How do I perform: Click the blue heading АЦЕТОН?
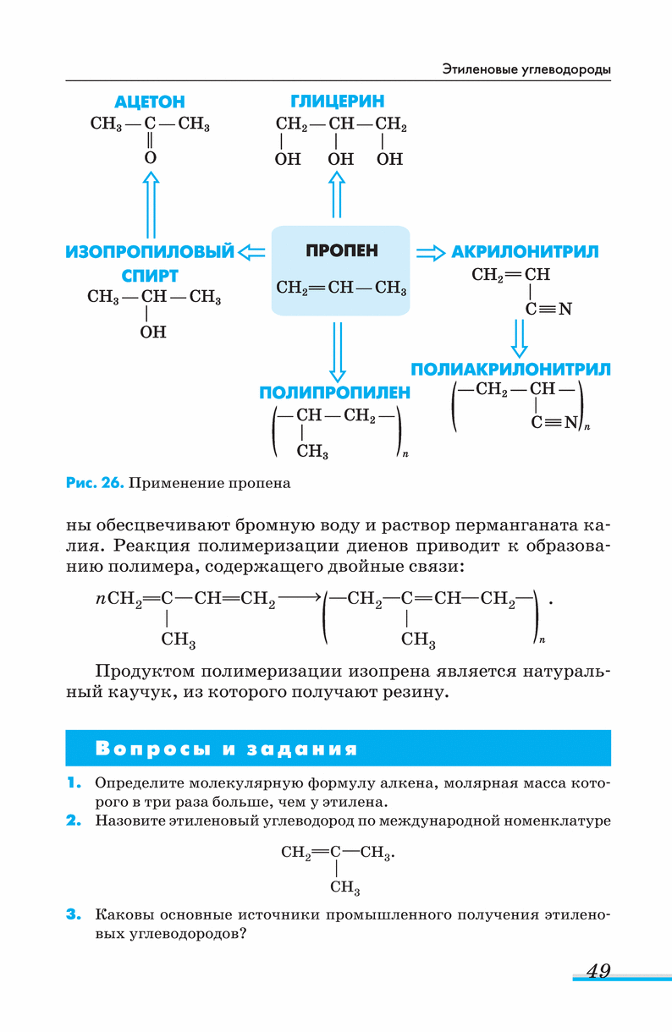tap(150, 102)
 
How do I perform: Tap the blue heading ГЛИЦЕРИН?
tap(337, 102)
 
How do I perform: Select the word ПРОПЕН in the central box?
tap(342, 251)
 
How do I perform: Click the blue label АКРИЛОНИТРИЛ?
tap(525, 252)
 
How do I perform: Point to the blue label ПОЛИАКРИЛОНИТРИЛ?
tap(510, 370)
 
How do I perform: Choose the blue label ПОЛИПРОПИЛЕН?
tap(335, 392)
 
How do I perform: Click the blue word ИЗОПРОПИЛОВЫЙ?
tap(150, 251)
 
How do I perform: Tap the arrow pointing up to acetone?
tap(151, 204)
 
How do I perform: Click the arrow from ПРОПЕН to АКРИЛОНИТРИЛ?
tap(430, 252)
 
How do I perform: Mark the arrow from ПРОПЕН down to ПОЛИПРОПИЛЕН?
tap(338, 351)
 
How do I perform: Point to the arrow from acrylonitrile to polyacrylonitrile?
tap(520, 338)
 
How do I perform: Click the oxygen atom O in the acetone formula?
tap(151, 157)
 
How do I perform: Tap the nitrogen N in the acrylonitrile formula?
tap(565, 310)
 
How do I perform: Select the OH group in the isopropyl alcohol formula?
tap(153, 332)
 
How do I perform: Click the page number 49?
tap(598, 971)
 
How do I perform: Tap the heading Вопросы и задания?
tap(227, 749)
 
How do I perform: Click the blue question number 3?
tap(74, 914)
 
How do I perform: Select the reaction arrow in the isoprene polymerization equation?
tap(300, 597)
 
